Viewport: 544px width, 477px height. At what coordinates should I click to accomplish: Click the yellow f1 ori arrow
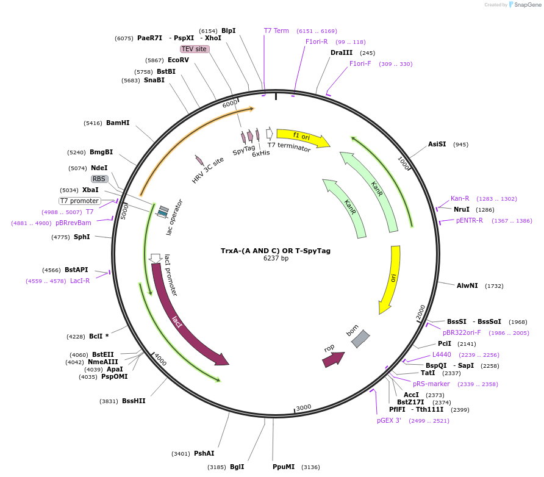click(x=302, y=137)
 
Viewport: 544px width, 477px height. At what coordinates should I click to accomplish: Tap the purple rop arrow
click(x=333, y=359)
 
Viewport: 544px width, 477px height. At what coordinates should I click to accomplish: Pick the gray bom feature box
click(x=360, y=339)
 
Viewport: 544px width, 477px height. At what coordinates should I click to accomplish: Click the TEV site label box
click(x=195, y=49)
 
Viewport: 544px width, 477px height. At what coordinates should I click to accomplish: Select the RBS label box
click(x=99, y=179)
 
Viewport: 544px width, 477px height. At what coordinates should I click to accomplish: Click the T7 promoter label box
click(x=79, y=201)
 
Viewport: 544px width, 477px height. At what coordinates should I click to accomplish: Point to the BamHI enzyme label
click(x=118, y=123)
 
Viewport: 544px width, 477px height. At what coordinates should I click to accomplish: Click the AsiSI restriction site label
click(x=437, y=145)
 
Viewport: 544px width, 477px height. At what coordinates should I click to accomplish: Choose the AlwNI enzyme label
click(x=468, y=285)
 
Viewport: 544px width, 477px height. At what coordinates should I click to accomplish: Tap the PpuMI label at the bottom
click(x=284, y=467)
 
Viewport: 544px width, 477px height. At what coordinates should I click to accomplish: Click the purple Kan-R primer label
click(x=460, y=198)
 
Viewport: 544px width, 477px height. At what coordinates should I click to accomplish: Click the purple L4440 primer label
click(x=442, y=354)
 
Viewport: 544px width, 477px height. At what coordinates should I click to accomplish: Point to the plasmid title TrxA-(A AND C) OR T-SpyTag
click(x=276, y=251)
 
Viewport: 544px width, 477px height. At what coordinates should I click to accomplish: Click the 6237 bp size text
click(x=276, y=259)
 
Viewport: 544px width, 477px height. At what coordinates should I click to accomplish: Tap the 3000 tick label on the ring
click(x=304, y=407)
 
